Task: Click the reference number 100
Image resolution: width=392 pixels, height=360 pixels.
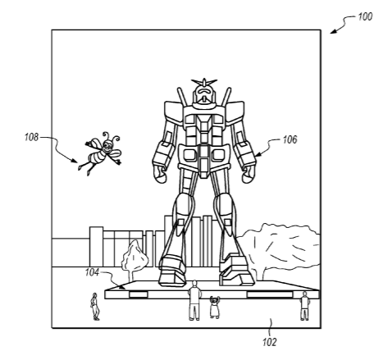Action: (365, 17)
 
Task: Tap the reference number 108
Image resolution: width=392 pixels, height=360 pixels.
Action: (31, 137)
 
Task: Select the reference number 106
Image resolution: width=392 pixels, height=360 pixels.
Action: (289, 139)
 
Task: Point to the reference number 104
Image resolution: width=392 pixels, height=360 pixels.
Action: (92, 272)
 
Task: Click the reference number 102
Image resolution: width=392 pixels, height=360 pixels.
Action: (270, 342)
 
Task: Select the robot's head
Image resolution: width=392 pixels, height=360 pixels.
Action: (204, 95)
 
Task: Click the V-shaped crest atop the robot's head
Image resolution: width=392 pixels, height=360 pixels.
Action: (204, 82)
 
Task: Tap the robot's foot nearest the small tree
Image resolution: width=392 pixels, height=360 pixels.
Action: (172, 271)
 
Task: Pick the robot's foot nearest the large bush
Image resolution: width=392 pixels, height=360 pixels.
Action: (237, 270)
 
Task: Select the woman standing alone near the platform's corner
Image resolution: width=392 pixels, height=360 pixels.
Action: (95, 307)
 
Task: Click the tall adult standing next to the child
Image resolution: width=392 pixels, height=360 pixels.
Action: (194, 300)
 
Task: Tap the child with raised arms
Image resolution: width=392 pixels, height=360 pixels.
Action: (215, 307)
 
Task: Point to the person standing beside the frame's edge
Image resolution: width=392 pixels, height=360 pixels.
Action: (304, 306)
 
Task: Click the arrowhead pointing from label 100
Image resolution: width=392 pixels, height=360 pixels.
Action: (334, 31)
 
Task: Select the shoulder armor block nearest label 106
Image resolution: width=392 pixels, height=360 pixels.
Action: (235, 112)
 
